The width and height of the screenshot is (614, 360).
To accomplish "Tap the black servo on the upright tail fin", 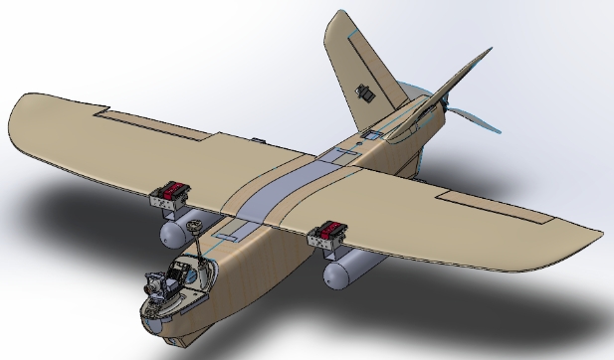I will click(363, 93).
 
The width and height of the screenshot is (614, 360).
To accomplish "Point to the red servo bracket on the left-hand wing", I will click(173, 190).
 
